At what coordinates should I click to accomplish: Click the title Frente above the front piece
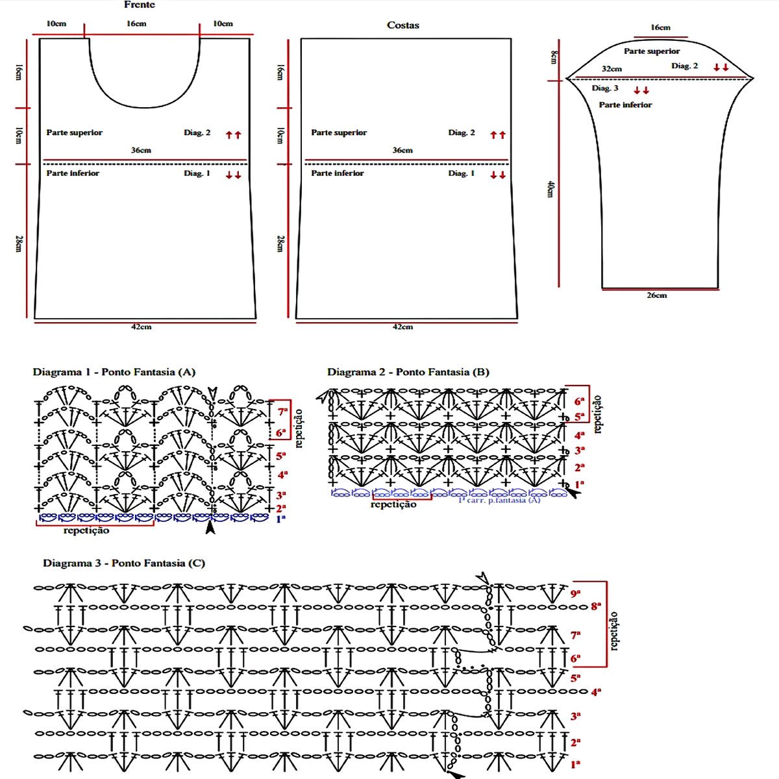coord(140,5)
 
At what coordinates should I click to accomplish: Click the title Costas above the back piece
coord(403,25)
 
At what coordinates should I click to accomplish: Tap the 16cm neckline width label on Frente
coord(136,23)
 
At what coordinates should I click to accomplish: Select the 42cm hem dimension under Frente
coord(141,327)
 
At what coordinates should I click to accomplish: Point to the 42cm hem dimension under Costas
coord(402,327)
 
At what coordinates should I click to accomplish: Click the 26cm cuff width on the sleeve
coord(656,295)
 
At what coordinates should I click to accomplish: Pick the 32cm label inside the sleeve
coord(612,69)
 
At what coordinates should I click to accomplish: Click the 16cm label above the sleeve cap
coord(660,27)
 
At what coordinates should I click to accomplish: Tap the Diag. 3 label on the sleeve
coord(605,88)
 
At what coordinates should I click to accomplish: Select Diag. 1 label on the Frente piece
coord(197,173)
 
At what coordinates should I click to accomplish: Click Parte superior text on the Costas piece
coord(339,132)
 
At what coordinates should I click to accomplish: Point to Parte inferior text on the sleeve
coord(625,105)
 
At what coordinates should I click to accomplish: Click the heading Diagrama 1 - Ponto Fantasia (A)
coord(114,372)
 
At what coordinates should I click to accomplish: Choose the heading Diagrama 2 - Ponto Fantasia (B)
coord(408,372)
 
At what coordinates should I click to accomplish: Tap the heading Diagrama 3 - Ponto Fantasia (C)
coord(124,563)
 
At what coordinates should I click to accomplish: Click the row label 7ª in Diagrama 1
coord(282,412)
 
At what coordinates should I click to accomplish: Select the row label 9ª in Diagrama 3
coord(575,593)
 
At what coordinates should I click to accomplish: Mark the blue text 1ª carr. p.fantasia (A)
coord(499,500)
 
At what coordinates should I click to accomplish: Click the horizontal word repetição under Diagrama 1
coord(86,530)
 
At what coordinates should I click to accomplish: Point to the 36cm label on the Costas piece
coord(402,150)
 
